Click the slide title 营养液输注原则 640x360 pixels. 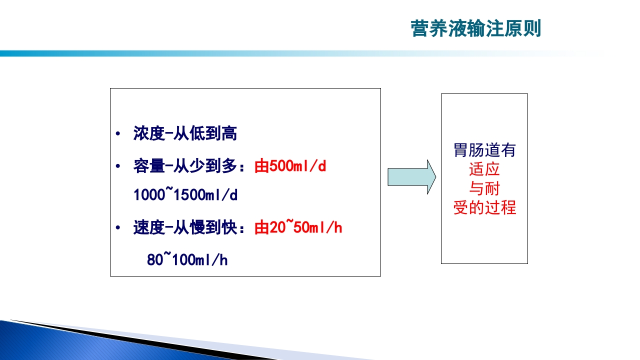coord(475,28)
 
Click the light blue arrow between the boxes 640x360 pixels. coord(411,177)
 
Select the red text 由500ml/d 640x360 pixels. coord(290,166)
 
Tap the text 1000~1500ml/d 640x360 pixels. coord(185,195)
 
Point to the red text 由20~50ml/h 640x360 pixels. coord(298,228)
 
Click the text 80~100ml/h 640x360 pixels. coord(187,260)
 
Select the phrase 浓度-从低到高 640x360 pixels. coord(185,133)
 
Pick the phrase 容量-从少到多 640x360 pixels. coord(184,166)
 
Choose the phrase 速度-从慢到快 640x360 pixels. coord(184,228)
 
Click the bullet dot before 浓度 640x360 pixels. coord(117,134)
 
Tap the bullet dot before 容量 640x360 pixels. coord(117,166)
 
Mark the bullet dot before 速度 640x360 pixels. coord(117,228)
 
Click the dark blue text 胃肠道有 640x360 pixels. coord(484,150)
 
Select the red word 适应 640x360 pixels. coord(484,169)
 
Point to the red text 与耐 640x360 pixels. coord(484,188)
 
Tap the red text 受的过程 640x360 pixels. coord(484,207)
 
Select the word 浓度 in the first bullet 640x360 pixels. coord(148,133)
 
